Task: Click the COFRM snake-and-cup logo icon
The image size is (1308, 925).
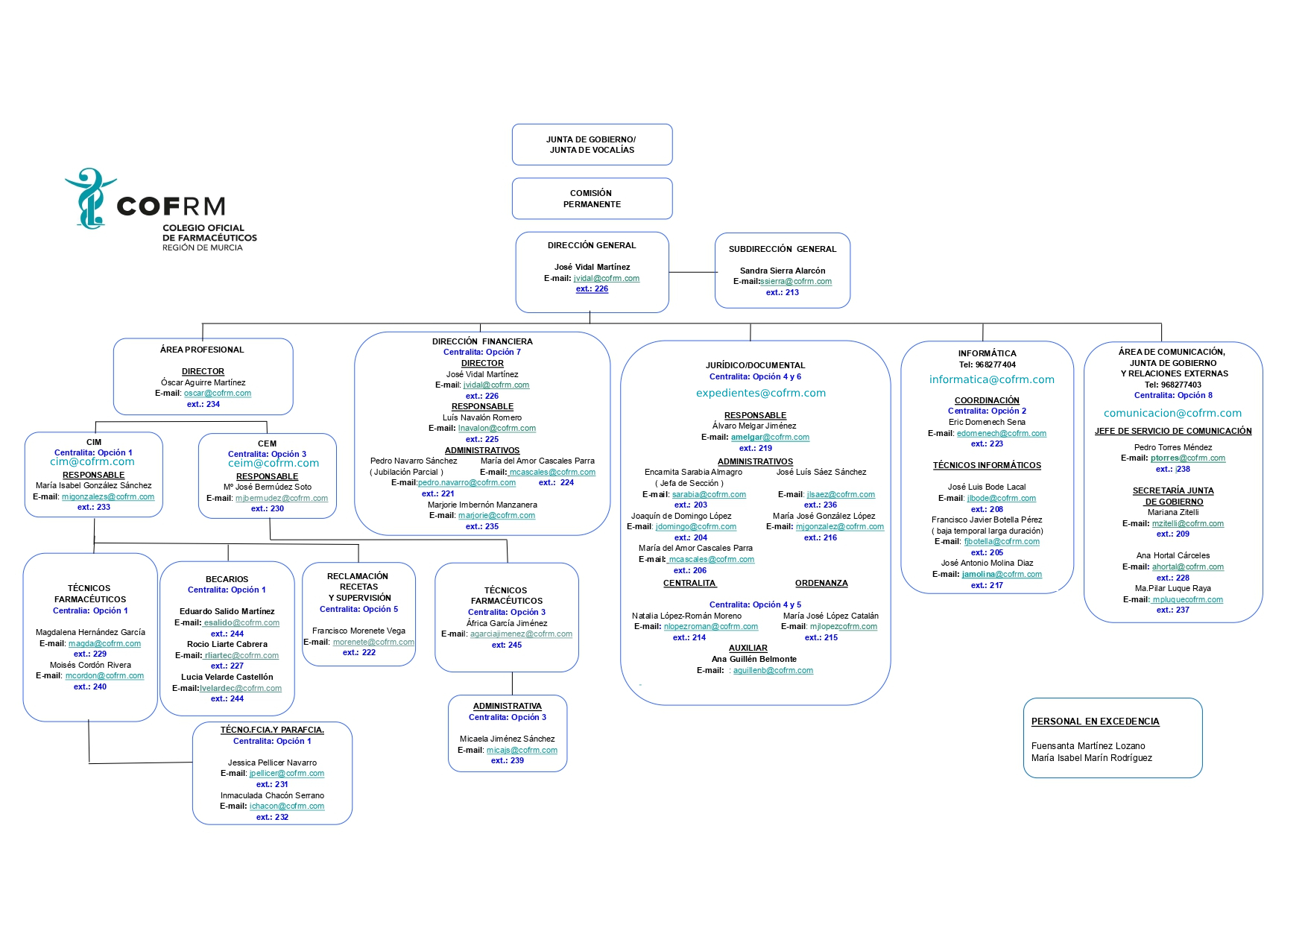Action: click(x=90, y=198)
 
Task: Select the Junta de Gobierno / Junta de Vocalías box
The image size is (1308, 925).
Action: click(x=592, y=145)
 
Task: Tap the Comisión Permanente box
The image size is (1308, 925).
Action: click(x=592, y=198)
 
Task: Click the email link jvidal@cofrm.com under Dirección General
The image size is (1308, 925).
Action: click(x=606, y=278)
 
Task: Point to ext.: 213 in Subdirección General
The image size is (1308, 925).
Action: click(x=782, y=292)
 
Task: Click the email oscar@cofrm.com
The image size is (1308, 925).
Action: click(x=218, y=393)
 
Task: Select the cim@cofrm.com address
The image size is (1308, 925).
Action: click(x=92, y=461)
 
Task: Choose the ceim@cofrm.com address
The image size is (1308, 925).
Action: click(x=274, y=463)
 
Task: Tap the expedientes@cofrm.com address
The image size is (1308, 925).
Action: click(x=761, y=393)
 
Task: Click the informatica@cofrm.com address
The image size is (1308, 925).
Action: click(x=992, y=379)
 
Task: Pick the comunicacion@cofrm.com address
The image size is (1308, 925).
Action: click(x=1173, y=413)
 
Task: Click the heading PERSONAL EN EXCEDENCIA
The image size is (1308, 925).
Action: click(x=1095, y=722)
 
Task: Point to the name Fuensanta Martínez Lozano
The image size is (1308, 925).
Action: click(x=1088, y=745)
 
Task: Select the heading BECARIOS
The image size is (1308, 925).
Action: click(x=227, y=579)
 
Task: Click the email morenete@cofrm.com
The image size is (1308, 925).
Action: click(x=373, y=642)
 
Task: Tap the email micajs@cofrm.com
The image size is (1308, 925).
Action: click(x=522, y=750)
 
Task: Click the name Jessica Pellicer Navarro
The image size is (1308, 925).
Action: click(x=272, y=763)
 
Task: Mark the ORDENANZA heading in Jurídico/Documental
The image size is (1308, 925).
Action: click(x=821, y=583)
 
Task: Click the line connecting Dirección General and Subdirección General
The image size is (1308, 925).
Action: click(x=692, y=272)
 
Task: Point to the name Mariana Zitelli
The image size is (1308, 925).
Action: click(x=1173, y=512)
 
